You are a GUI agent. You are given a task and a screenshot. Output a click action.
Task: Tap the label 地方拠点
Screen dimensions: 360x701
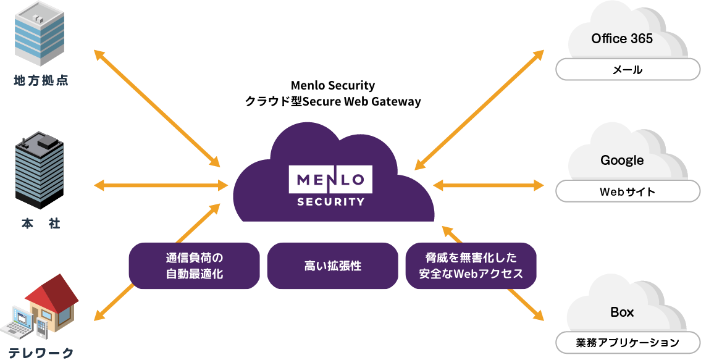41,80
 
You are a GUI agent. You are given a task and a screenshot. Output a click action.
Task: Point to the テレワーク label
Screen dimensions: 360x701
41,353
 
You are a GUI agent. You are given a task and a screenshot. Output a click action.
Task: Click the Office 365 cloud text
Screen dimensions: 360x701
622,38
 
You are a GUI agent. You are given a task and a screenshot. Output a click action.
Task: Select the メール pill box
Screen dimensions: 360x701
628,70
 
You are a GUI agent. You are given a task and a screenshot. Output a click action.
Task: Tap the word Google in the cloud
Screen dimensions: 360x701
622,161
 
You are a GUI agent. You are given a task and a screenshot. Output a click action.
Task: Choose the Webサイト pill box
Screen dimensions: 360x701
628,192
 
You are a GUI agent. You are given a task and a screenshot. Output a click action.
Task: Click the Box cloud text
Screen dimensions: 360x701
622,312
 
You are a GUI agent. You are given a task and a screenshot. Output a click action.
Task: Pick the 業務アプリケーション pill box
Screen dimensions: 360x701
628,342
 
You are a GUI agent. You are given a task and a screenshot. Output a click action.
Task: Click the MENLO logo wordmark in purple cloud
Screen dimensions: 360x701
330,180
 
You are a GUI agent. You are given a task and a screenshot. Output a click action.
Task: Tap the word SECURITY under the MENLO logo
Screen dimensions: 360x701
330,201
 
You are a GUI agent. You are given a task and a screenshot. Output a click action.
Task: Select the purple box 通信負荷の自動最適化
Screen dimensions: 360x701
194,266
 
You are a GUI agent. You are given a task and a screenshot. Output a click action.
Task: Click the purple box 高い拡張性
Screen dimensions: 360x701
332,266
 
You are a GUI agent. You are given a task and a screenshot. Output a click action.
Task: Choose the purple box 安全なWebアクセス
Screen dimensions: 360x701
471,266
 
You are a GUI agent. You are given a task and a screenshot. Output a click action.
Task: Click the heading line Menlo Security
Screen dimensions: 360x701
332,85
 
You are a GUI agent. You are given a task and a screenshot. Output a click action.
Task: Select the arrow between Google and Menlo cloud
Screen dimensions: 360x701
488,185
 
